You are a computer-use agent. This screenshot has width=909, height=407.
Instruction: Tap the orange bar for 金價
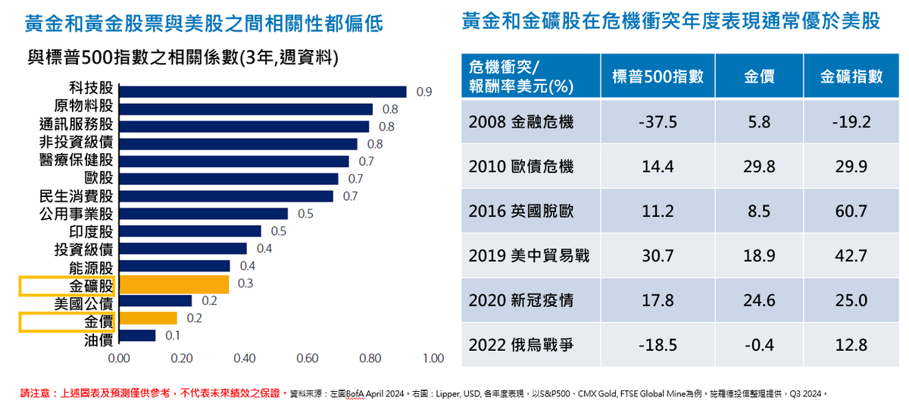click(148, 318)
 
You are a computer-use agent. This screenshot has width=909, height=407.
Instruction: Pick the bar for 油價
click(137, 336)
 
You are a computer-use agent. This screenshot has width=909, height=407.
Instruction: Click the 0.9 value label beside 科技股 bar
click(423, 92)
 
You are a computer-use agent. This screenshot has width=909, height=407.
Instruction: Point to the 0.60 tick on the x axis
click(307, 358)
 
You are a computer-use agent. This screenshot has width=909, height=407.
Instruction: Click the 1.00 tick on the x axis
click(433, 358)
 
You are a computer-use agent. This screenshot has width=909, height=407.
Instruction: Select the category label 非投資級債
click(76, 143)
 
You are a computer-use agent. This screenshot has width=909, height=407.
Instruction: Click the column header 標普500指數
click(658, 76)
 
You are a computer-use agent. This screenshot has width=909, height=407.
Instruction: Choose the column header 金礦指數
click(852, 76)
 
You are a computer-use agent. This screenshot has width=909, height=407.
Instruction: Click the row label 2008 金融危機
click(521, 122)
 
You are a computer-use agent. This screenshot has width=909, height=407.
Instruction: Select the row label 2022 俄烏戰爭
click(521, 346)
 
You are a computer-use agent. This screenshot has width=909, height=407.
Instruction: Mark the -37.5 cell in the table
click(658, 122)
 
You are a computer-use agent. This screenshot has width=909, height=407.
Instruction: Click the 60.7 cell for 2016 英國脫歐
click(852, 211)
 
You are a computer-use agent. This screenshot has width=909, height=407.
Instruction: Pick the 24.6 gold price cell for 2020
click(759, 301)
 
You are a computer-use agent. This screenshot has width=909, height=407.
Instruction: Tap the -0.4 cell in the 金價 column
click(759, 346)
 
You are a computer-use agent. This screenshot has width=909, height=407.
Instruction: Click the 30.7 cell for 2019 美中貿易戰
click(658, 256)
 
